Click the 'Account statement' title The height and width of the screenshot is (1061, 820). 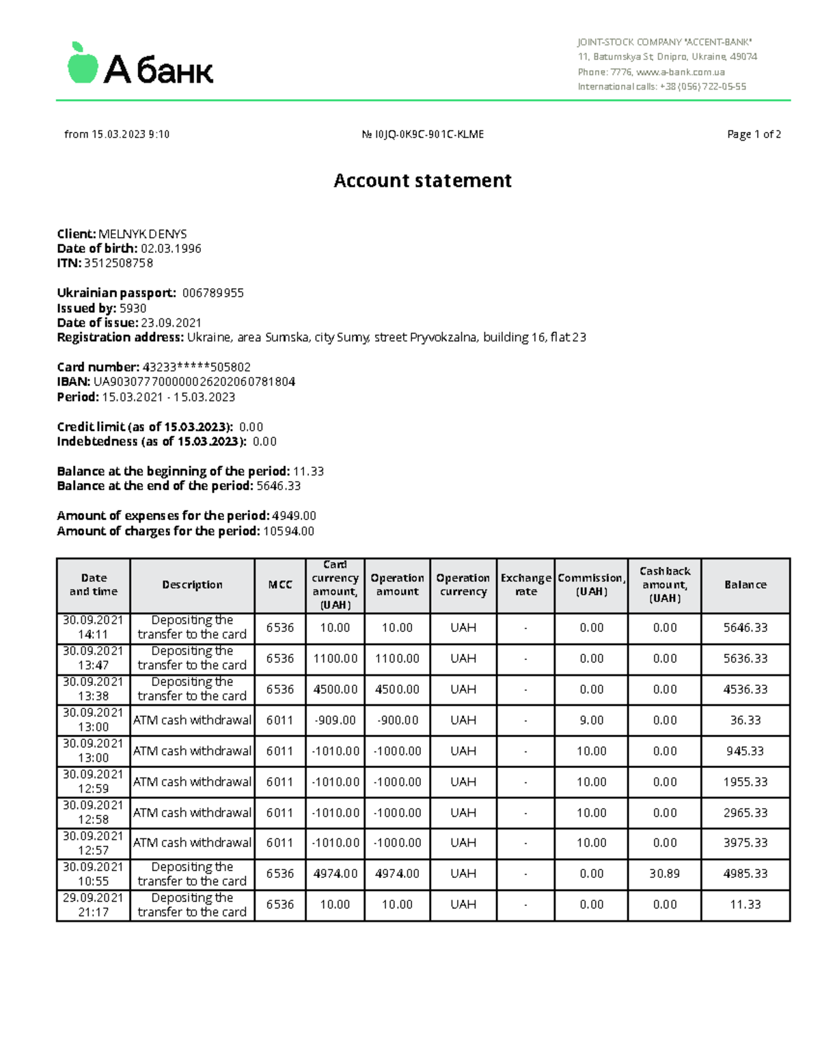coord(422,180)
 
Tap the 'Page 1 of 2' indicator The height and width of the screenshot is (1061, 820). coord(754,135)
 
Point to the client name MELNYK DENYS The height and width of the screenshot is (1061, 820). coord(143,234)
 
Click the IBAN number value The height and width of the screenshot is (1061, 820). coord(194,382)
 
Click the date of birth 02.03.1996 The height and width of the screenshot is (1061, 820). coord(171,249)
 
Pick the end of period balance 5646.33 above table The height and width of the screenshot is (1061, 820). coord(278,486)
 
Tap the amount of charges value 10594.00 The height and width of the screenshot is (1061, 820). coord(288,531)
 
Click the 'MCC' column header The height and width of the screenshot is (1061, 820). coord(280,585)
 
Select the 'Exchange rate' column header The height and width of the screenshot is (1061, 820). coord(525,585)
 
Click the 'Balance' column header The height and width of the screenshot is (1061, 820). coord(745,585)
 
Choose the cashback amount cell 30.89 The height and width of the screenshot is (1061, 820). coord(664,874)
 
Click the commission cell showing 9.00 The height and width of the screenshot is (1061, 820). coord(591,720)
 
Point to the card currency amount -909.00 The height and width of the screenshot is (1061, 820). coord(335,720)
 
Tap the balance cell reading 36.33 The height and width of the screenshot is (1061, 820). coord(745,720)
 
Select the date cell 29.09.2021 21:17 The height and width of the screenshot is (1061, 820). coord(93,905)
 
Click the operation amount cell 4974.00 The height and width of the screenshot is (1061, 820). coord(397,874)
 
